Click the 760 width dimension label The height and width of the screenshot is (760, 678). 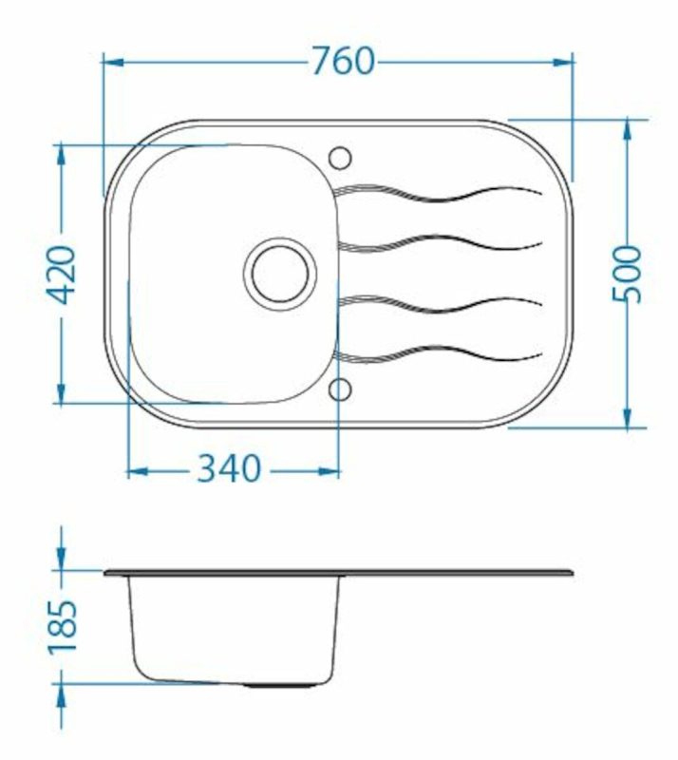coord(343,61)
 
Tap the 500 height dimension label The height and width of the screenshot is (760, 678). coord(627,275)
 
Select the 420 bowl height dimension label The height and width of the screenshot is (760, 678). coord(61,275)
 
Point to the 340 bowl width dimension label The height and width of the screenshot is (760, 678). coord(229,468)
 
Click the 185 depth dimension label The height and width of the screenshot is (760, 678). coord(62,627)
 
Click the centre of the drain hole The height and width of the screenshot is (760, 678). coord(279,274)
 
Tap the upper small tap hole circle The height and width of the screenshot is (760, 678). coord(339,158)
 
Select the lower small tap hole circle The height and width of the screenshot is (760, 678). coord(339,390)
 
